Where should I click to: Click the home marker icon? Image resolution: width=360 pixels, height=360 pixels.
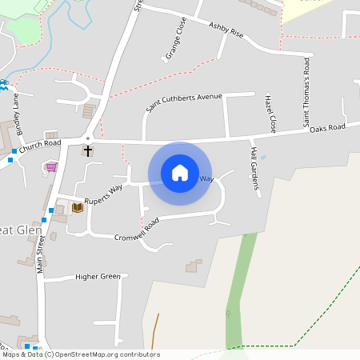tap(180, 173)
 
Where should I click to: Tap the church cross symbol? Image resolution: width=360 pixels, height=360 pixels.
tap(88, 150)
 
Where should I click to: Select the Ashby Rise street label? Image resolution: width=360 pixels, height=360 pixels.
tap(226, 30)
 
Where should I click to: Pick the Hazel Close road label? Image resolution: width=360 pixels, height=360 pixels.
tap(270, 113)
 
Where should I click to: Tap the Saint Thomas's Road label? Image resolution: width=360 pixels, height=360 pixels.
tap(306, 91)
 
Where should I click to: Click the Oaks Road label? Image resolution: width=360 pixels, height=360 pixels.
tap(327, 128)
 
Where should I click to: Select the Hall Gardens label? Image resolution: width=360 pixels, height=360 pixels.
tap(254, 169)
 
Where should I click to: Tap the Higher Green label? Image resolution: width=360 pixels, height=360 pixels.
tap(98, 277)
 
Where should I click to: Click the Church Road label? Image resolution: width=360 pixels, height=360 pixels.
tap(40, 145)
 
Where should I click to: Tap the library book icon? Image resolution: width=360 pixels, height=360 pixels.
tap(78, 207)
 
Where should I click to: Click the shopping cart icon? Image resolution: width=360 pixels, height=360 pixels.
tap(52, 167)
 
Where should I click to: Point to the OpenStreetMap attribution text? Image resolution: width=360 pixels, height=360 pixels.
tap(80, 354)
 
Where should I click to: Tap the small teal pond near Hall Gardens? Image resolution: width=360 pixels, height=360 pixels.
tap(263, 158)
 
